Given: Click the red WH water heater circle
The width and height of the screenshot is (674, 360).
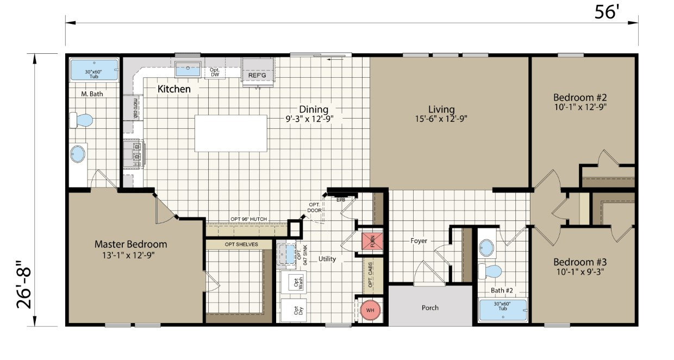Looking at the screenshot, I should click(x=370, y=310).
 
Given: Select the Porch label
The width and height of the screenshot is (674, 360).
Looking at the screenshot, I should click(x=430, y=308).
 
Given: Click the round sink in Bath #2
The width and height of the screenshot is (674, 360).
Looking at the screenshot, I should click(x=487, y=249).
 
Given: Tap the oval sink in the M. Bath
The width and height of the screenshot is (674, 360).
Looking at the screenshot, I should click(x=78, y=154).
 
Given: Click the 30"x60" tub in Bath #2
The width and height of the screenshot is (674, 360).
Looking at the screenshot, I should click(x=503, y=311).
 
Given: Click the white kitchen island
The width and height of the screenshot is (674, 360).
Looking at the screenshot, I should click(x=231, y=133).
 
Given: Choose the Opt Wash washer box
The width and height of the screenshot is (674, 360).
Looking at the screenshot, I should click(x=292, y=282).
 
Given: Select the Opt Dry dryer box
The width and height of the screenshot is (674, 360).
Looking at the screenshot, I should click(x=292, y=311).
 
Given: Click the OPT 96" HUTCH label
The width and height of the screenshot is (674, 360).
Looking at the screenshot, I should click(x=248, y=219).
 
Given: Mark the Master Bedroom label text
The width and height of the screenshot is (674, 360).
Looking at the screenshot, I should click(x=130, y=244).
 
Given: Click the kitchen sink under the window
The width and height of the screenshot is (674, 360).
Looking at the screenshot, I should click(x=188, y=70).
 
